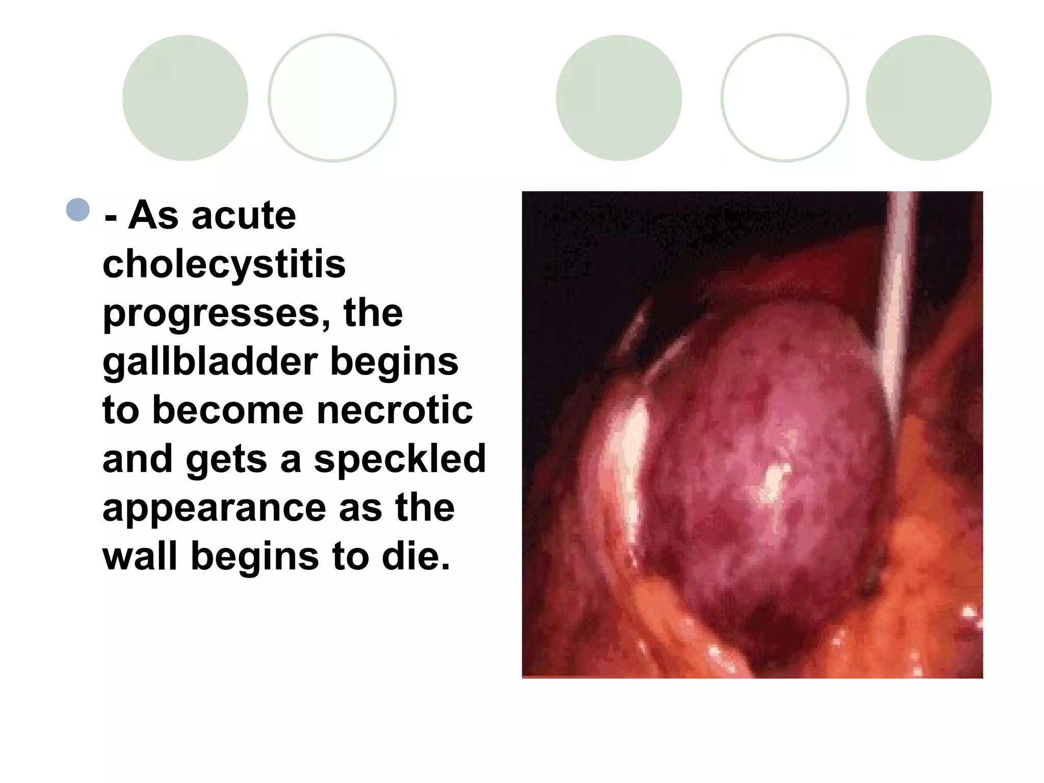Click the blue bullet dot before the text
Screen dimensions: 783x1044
click(78, 210)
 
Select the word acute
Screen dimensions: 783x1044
click(244, 216)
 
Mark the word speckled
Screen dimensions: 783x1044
click(399, 459)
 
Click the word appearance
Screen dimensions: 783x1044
click(214, 508)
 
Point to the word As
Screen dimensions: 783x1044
click(153, 216)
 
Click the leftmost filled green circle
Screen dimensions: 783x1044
click(185, 98)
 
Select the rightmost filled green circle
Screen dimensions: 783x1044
click(928, 98)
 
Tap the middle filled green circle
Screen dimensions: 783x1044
click(618, 98)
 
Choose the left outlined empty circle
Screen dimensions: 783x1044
click(332, 98)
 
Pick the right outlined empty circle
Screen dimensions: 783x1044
click(785, 98)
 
